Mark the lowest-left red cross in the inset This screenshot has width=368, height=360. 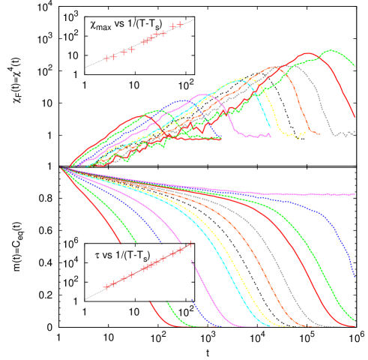tap(106, 286)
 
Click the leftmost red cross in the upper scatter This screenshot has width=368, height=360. tap(106, 58)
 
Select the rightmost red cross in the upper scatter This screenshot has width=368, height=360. tap(180, 25)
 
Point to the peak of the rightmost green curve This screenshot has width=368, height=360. tap(327, 52)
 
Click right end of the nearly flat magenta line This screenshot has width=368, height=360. tap(355, 193)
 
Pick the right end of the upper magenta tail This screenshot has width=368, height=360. tap(270, 136)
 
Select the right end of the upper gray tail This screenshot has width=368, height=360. tap(355, 133)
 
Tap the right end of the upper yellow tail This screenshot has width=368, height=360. tap(303, 136)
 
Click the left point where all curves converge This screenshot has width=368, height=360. tap(63, 167)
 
